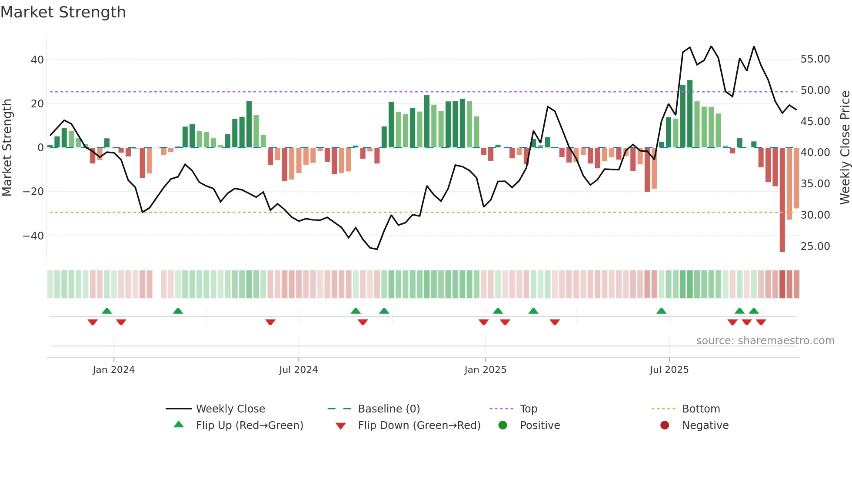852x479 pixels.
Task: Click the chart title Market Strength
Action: click(x=63, y=12)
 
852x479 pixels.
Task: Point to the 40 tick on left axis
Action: click(x=37, y=60)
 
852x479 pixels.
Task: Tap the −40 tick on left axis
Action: click(x=33, y=236)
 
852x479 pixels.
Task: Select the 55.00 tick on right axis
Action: click(x=815, y=59)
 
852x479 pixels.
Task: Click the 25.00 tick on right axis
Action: click(x=815, y=246)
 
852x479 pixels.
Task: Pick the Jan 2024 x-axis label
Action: click(x=113, y=370)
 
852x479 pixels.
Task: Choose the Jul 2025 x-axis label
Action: click(x=669, y=370)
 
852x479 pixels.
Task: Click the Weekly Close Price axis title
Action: click(x=845, y=147)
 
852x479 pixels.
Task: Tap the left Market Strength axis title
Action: click(x=7, y=147)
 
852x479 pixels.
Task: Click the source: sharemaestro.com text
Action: click(x=765, y=341)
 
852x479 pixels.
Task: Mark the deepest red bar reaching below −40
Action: click(x=782, y=200)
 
